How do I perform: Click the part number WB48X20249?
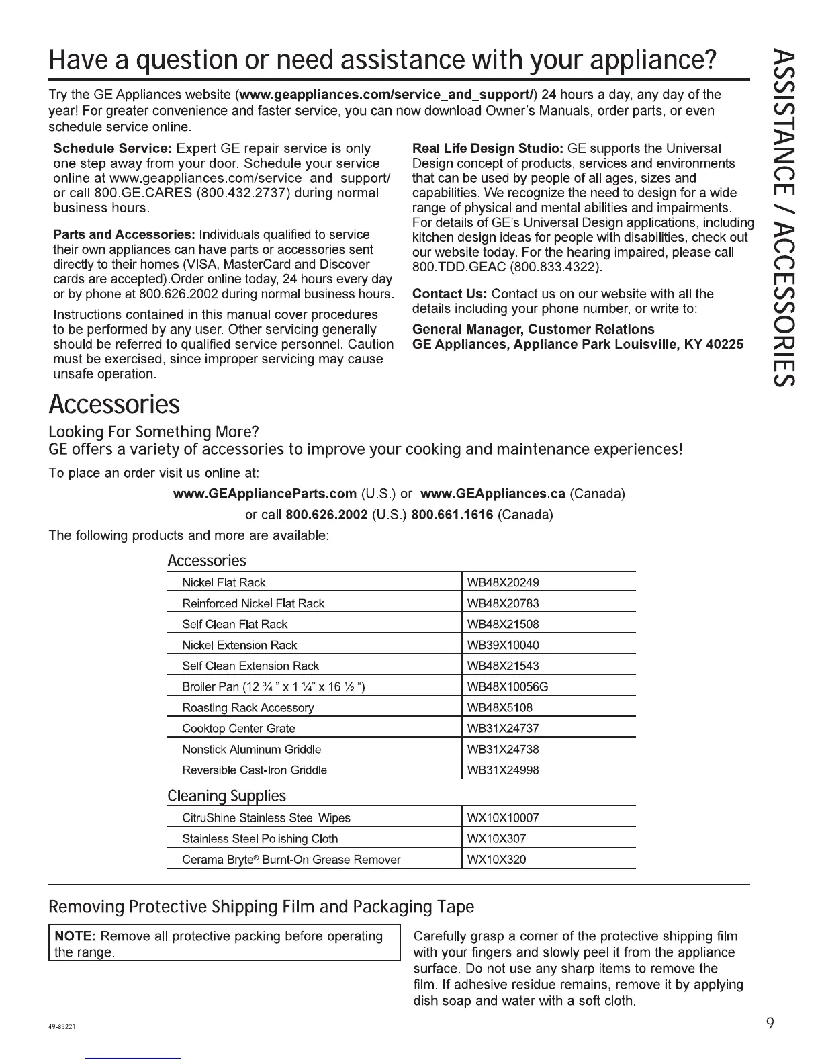coord(503,582)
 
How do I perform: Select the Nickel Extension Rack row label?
coord(240,645)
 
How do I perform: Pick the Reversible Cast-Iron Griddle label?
coord(255,770)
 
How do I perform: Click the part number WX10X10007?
coord(503,818)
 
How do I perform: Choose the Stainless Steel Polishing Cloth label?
coord(260,838)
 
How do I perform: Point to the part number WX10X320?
coord(496,859)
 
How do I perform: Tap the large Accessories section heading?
coord(114,405)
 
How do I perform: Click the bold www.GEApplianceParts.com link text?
coord(265,494)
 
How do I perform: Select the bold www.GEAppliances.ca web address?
coord(493,494)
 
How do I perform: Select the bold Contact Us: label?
coord(449,294)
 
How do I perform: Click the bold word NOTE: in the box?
coord(77,936)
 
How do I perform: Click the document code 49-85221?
coord(66,1027)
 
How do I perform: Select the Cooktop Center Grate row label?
coord(238,728)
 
